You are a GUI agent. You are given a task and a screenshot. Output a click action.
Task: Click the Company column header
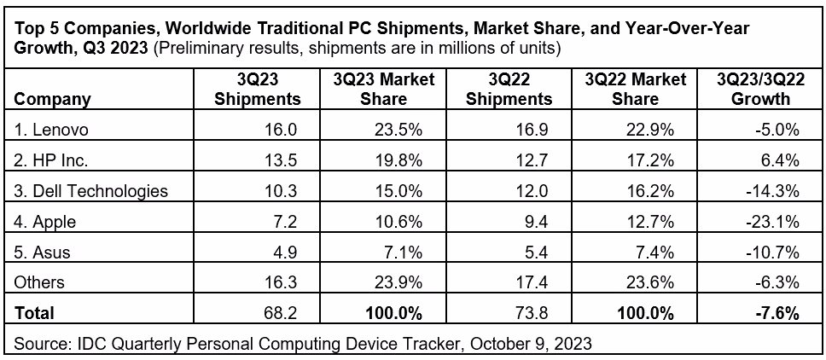coord(53,99)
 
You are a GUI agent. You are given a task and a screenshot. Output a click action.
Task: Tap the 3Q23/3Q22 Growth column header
coord(754,89)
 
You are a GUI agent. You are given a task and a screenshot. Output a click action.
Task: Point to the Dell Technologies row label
coord(91,191)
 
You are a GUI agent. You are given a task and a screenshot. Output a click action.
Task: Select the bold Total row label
coord(35,313)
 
